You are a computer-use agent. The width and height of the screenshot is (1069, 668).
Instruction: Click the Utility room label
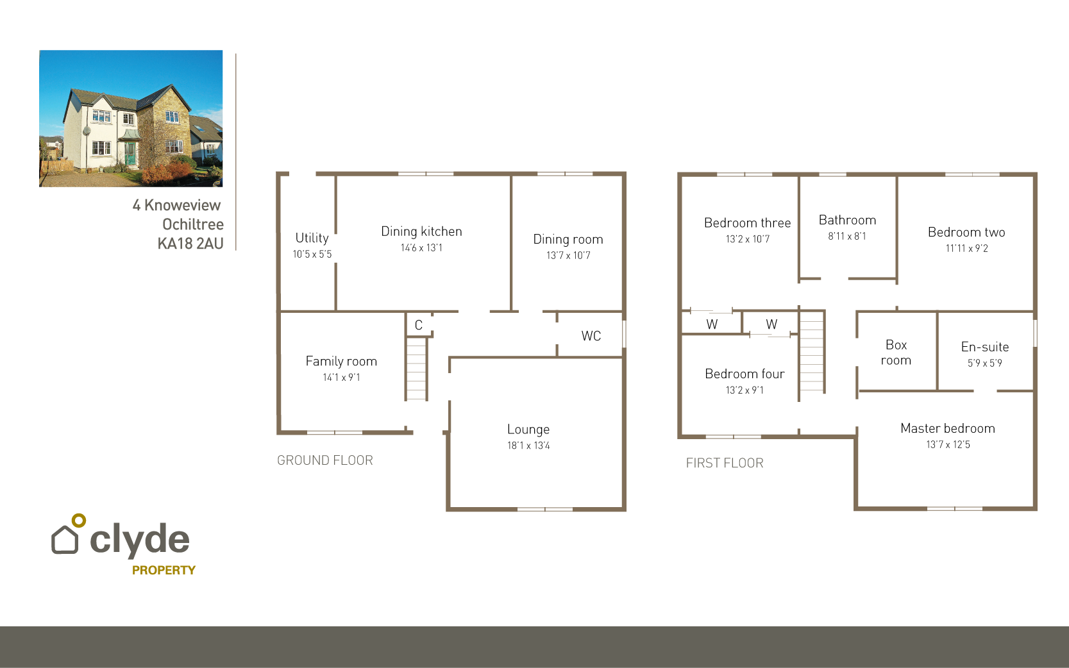click(312, 238)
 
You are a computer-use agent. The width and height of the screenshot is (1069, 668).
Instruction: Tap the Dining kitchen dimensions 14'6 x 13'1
click(421, 248)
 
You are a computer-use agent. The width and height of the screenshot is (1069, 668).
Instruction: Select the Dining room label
click(568, 239)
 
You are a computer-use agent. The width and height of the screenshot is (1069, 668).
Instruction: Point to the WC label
click(591, 336)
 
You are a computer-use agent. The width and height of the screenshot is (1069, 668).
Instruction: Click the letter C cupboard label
click(418, 325)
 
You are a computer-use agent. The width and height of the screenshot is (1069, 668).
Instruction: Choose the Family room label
click(341, 362)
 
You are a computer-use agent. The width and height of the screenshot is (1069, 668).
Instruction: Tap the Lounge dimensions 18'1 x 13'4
click(528, 446)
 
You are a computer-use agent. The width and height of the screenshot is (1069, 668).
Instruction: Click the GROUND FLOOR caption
click(324, 460)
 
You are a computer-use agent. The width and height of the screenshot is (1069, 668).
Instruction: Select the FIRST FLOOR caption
click(725, 463)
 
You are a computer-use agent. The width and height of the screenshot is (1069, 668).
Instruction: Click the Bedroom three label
click(747, 223)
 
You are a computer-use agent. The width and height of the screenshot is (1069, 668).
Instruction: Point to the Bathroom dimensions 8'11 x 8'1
click(846, 237)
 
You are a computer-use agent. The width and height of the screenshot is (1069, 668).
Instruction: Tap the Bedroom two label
click(966, 232)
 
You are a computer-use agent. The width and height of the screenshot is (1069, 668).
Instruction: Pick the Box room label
click(896, 353)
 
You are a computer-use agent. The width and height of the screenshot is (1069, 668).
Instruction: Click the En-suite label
click(984, 347)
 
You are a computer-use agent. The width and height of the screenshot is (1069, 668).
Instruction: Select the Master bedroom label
click(947, 428)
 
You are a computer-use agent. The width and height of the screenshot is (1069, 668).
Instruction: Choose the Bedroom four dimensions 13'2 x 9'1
click(745, 390)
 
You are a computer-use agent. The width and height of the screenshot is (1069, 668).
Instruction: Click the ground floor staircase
click(416, 369)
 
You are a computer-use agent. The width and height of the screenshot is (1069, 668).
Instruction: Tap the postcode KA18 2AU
click(190, 244)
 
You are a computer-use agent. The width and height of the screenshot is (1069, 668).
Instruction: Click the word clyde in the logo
click(140, 540)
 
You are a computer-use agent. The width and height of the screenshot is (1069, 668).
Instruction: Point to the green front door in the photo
click(131, 154)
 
